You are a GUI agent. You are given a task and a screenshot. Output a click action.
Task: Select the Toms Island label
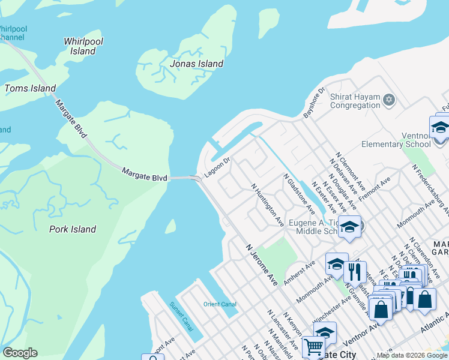30,88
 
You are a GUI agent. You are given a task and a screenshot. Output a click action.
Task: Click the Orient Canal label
220,304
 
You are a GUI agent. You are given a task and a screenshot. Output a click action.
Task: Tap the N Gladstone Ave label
300,194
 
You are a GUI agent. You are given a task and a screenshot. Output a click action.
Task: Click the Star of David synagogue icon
389,100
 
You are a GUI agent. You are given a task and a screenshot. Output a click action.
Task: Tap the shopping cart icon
314,347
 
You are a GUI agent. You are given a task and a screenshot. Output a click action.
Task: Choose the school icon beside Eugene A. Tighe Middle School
349,227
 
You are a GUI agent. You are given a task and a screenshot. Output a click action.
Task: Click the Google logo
20,353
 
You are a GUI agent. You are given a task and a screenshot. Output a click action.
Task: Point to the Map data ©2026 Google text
411,355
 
